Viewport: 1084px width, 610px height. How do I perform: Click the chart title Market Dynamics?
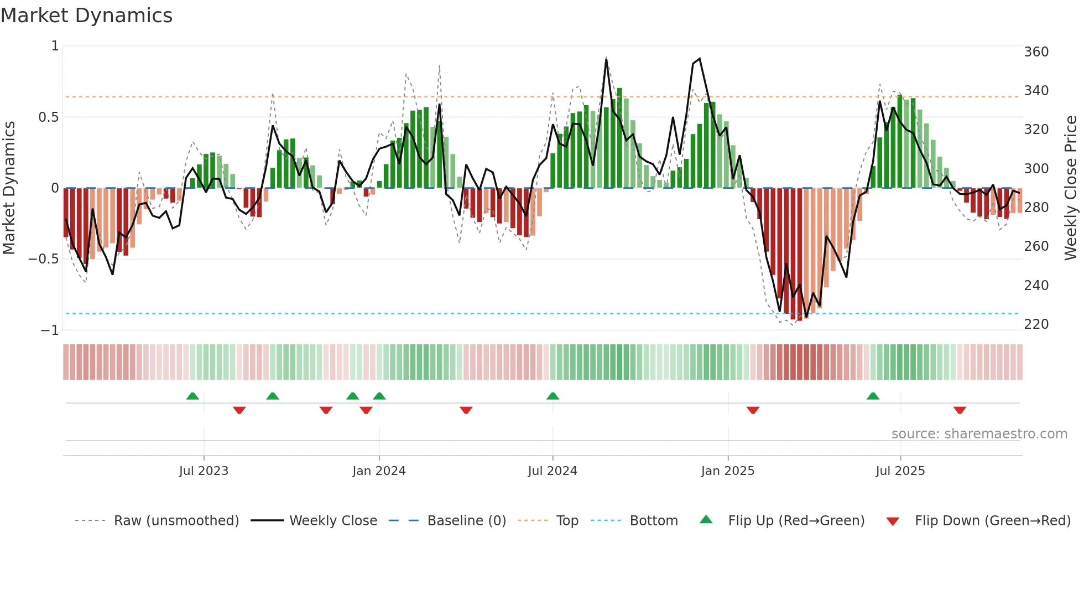(x=86, y=15)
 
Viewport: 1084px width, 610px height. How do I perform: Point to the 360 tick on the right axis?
(x=1036, y=52)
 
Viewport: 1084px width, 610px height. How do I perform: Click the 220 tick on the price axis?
(x=1036, y=324)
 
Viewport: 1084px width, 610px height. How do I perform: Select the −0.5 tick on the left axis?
(x=43, y=259)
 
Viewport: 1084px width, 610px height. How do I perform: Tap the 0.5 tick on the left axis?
(x=48, y=117)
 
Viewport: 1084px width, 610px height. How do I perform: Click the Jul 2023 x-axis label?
(x=204, y=471)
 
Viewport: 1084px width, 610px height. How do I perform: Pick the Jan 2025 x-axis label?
(x=727, y=471)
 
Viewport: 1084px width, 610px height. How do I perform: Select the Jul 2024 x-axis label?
(x=552, y=471)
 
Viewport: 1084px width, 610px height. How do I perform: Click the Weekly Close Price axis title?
(x=1071, y=188)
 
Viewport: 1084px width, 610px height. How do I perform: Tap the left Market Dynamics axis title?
(x=9, y=188)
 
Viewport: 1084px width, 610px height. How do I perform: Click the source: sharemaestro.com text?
(x=979, y=434)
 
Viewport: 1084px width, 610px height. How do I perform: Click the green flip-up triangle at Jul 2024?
(x=553, y=396)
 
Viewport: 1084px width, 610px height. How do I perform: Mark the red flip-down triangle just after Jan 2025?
(x=753, y=410)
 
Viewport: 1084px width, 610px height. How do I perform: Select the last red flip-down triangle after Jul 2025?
(x=960, y=410)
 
